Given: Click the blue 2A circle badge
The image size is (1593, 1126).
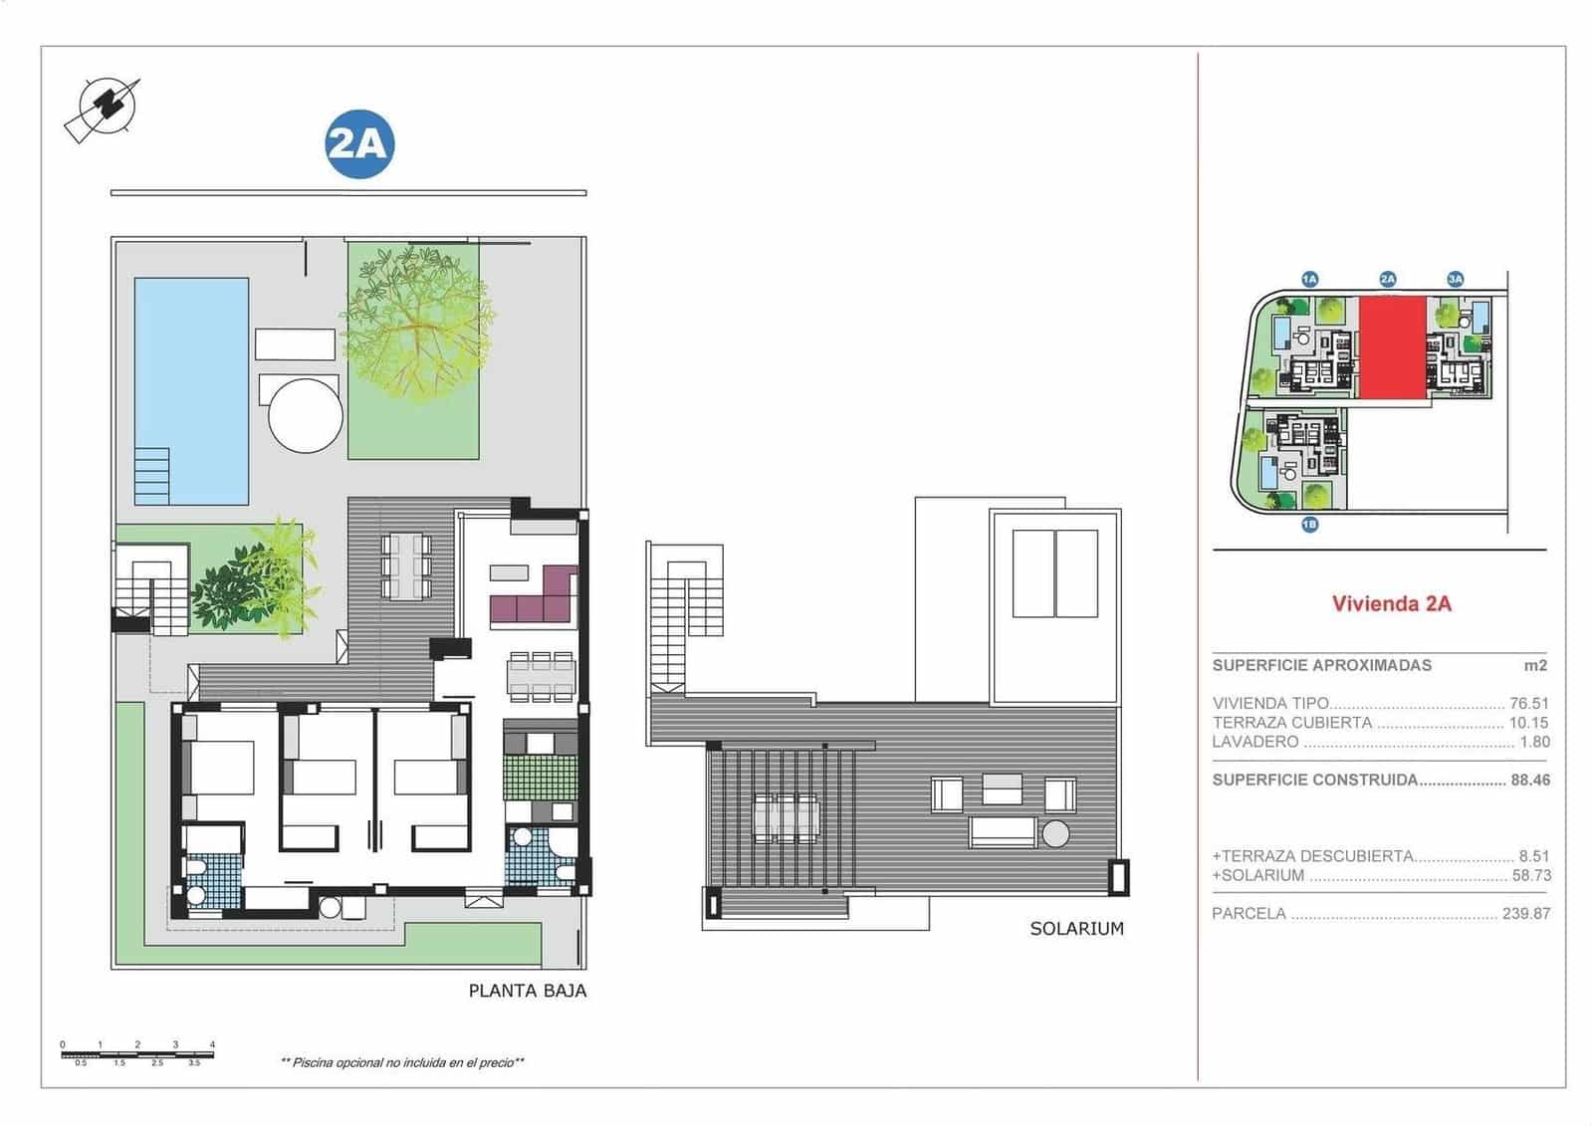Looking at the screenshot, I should click(359, 144).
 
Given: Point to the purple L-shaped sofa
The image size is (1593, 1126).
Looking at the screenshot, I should click(534, 599).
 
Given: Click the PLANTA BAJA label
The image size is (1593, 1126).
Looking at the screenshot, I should click(527, 991).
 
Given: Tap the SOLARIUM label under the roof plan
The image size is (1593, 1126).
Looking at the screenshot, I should click(1076, 929).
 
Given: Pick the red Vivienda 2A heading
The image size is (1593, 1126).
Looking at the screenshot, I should click(1391, 603).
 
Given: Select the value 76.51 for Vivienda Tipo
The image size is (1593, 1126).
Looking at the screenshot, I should click(1529, 703).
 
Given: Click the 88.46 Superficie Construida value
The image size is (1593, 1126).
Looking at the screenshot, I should click(1529, 781).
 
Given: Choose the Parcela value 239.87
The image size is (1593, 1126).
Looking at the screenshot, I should click(1525, 914).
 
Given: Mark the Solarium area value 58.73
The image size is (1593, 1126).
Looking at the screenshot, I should click(1529, 876).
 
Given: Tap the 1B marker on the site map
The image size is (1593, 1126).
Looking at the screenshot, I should click(1309, 524).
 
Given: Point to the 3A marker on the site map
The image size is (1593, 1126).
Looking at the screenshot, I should click(1455, 280).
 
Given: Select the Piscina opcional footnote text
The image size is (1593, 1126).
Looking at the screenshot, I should click(402, 1063).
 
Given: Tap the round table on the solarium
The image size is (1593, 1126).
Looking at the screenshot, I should click(1055, 832).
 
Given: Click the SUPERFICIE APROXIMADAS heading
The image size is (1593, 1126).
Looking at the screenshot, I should click(1321, 665).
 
